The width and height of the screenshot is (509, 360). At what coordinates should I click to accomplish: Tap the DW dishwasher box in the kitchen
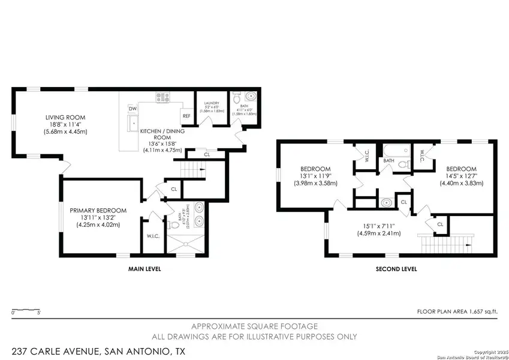coord(132,109)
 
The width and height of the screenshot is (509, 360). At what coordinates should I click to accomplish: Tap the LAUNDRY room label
coord(212,103)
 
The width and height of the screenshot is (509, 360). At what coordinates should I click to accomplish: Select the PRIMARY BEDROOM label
coord(98,210)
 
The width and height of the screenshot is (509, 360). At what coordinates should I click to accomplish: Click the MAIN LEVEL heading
coord(144,269)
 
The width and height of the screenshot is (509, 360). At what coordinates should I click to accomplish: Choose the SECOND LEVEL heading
coord(396,269)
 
